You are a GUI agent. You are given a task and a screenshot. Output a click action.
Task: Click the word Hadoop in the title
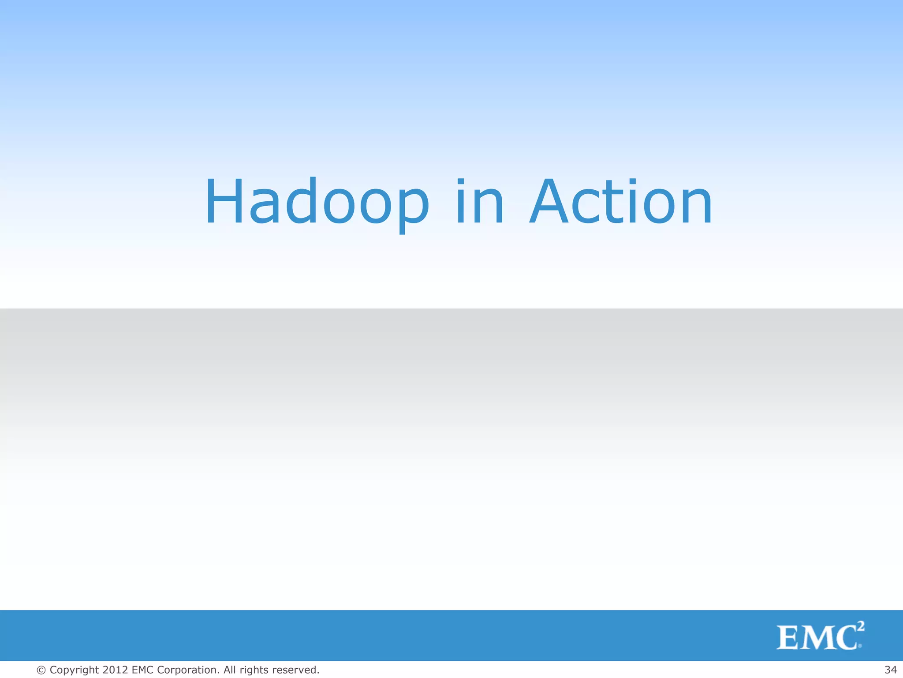[x=317, y=202]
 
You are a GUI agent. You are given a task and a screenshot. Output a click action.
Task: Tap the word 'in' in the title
[x=479, y=202]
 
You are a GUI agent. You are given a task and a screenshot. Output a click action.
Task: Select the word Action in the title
[x=620, y=202]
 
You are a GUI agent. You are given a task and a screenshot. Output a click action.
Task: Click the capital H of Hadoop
[x=224, y=202]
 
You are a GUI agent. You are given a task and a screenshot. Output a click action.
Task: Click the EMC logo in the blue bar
[x=820, y=636]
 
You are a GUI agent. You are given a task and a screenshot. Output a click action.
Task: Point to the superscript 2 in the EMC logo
[x=860, y=626]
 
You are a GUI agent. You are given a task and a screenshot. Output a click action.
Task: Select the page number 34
[x=891, y=670]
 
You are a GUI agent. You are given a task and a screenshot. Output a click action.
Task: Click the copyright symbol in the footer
[x=41, y=670]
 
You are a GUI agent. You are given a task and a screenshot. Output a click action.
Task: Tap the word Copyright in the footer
[x=74, y=670]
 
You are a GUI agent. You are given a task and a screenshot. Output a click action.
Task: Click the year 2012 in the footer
[x=116, y=670]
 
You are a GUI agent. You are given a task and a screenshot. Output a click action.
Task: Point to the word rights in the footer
[x=254, y=670]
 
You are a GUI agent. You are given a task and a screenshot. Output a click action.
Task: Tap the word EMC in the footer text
[x=142, y=670]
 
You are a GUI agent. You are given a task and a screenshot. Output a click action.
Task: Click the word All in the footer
[x=229, y=670]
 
